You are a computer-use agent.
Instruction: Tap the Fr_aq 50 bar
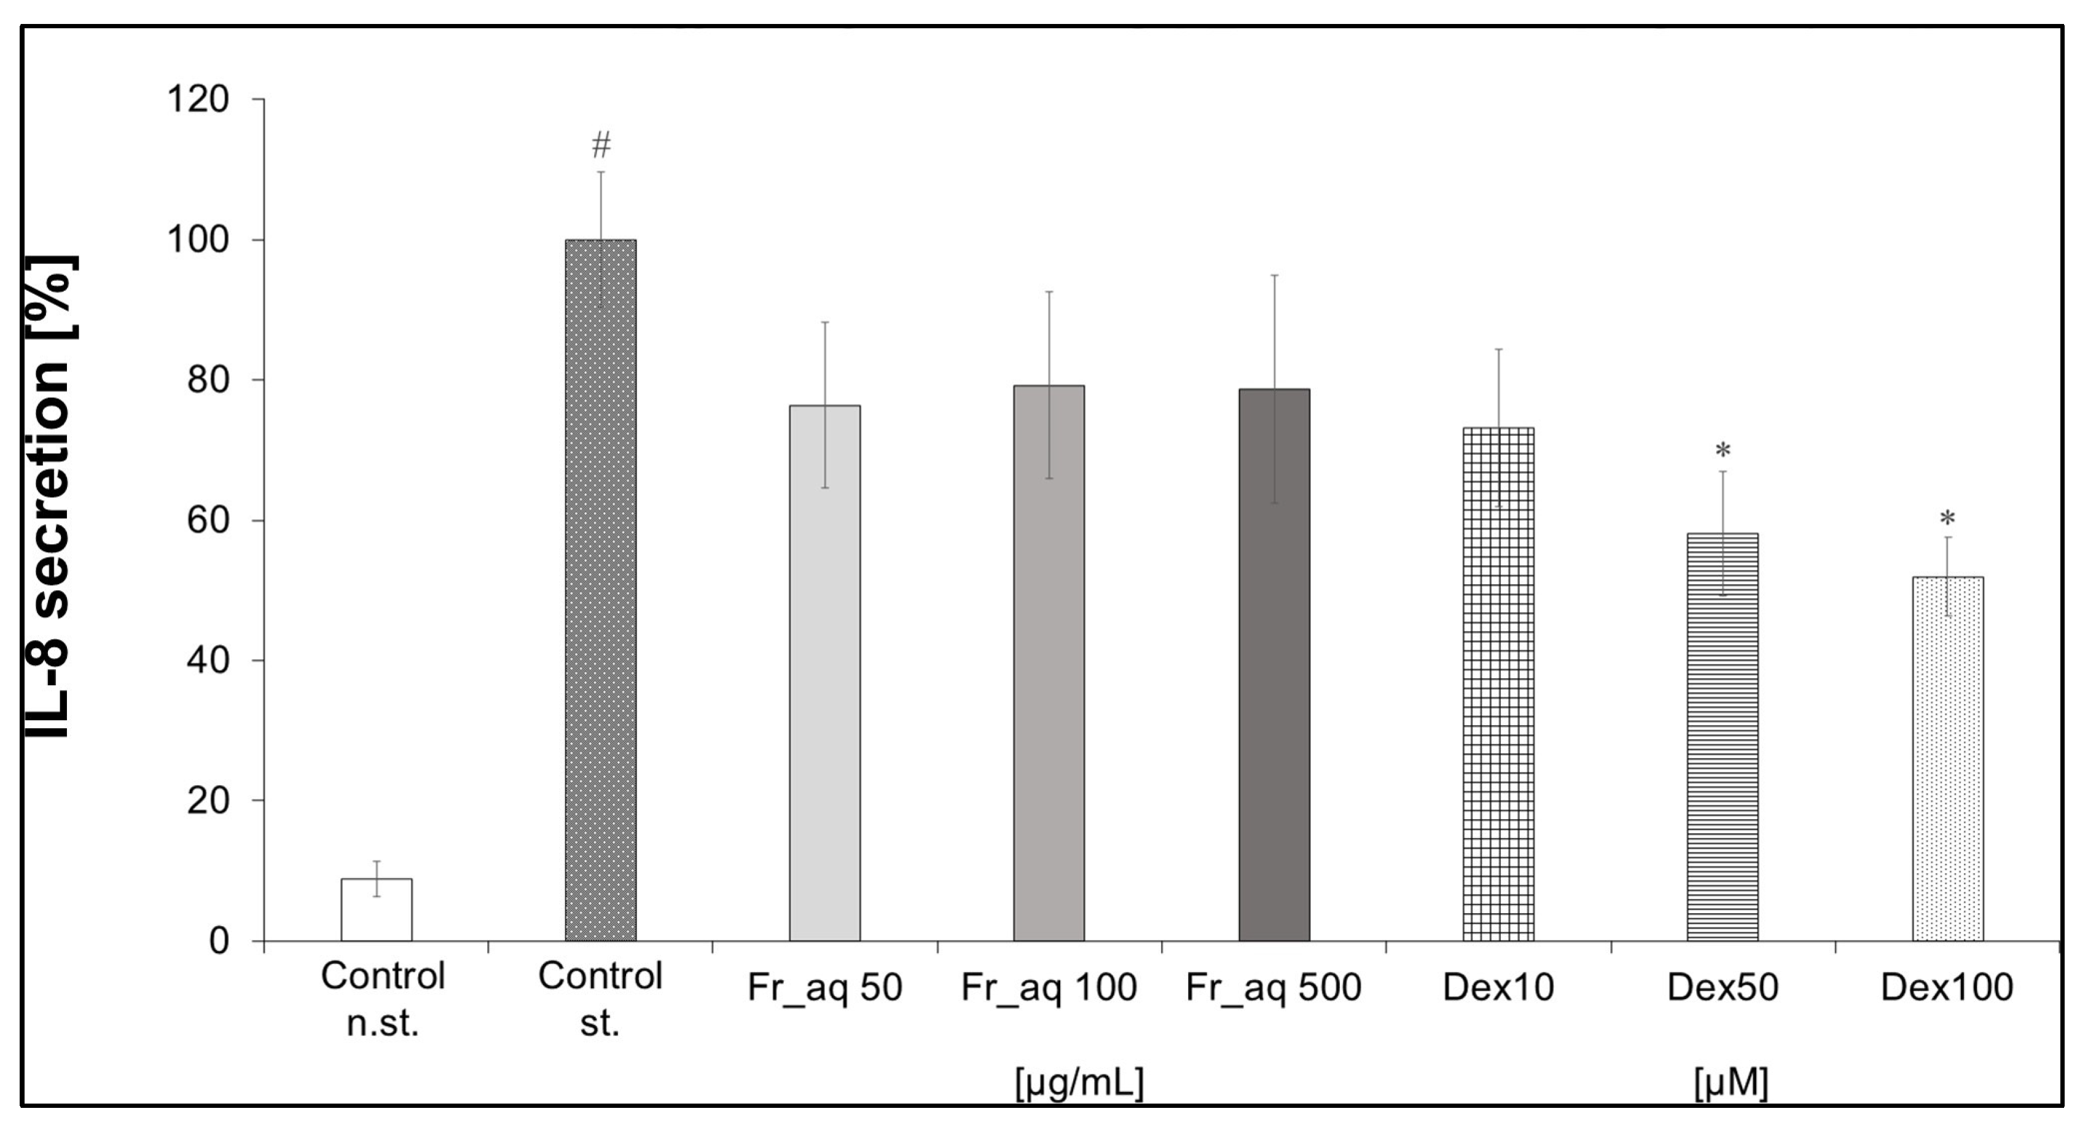point(825,673)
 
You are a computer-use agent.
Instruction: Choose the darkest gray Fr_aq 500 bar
point(1273,665)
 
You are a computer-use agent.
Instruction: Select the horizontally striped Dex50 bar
point(1722,737)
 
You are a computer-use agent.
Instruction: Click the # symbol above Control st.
point(601,146)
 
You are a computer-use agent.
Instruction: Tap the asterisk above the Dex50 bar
point(1722,450)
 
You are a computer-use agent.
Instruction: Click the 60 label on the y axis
point(208,520)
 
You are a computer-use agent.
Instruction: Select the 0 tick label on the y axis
point(219,941)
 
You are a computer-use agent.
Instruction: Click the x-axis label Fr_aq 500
point(1273,987)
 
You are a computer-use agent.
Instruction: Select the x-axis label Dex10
point(1498,987)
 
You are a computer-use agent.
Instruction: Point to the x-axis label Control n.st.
point(383,999)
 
